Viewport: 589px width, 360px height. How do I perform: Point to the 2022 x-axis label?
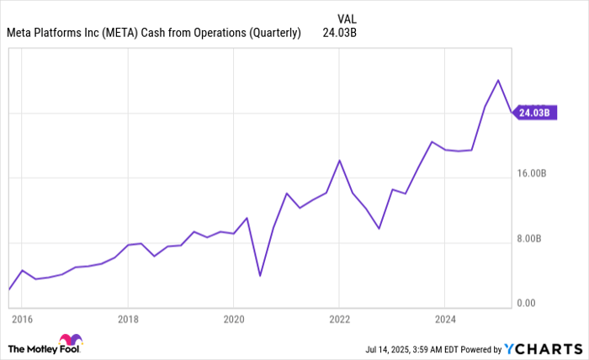click(339, 319)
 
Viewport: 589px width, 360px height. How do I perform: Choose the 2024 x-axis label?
click(445, 319)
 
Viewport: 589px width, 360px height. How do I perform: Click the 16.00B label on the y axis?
click(532, 173)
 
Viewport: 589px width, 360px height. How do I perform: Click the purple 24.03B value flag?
click(534, 113)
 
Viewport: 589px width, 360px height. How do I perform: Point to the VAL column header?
click(346, 17)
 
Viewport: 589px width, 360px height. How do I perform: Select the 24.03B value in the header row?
click(341, 34)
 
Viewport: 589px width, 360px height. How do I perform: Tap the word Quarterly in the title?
click(272, 34)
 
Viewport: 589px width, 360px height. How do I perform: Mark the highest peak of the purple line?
click(499, 80)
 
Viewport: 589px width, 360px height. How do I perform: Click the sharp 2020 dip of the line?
click(260, 275)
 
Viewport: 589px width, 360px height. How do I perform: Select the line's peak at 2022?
click(339, 160)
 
